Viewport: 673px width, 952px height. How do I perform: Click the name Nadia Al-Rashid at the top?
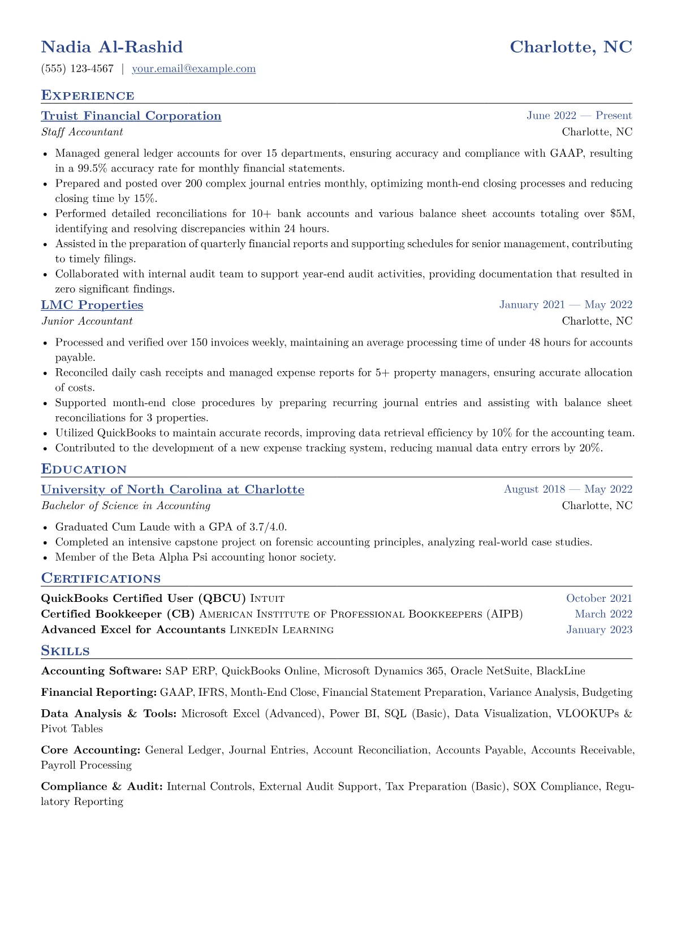[x=112, y=47]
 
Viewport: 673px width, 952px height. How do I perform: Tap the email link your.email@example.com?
[x=193, y=69]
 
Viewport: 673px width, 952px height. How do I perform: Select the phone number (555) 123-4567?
[x=77, y=69]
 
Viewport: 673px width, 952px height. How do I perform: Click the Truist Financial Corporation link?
[x=131, y=116]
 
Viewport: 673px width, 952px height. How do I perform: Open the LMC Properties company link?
[x=92, y=305]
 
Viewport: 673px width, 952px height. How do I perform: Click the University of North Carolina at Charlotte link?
[x=172, y=490]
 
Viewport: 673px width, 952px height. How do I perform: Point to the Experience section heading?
[x=88, y=96]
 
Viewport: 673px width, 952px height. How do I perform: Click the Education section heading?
[x=84, y=469]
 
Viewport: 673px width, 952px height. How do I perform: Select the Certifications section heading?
[x=101, y=579]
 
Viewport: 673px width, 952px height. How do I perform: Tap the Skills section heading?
[x=65, y=651]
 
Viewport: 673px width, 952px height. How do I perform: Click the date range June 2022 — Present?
[x=579, y=116]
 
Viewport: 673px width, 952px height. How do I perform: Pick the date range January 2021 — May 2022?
[x=566, y=305]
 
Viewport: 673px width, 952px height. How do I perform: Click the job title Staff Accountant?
[x=82, y=132]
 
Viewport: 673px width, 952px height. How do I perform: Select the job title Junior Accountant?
[x=87, y=321]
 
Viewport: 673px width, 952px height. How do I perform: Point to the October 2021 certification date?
[x=599, y=598]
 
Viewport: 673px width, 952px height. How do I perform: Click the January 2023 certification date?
[x=599, y=630]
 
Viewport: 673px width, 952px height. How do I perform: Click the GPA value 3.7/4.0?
[x=267, y=527]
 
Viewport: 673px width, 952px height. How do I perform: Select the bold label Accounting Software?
[x=101, y=671]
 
